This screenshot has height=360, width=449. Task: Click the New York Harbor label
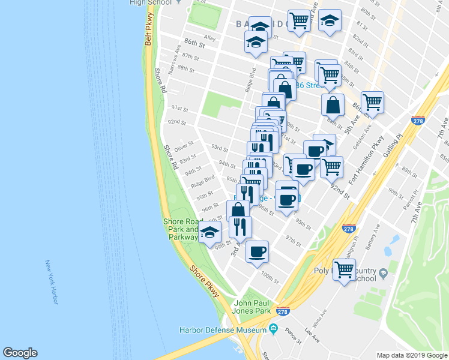(x=51, y=282)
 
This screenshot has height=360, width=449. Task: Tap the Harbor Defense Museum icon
(x=274, y=329)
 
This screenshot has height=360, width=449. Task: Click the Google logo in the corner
(x=20, y=353)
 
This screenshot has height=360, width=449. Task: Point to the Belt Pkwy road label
(x=148, y=33)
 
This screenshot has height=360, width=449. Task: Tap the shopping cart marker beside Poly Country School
(x=344, y=270)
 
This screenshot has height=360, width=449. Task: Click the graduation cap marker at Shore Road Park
(x=209, y=232)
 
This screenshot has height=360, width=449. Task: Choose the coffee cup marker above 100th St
(x=257, y=251)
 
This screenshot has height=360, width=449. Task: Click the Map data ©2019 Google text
(x=412, y=355)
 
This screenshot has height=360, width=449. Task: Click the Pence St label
(x=294, y=334)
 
